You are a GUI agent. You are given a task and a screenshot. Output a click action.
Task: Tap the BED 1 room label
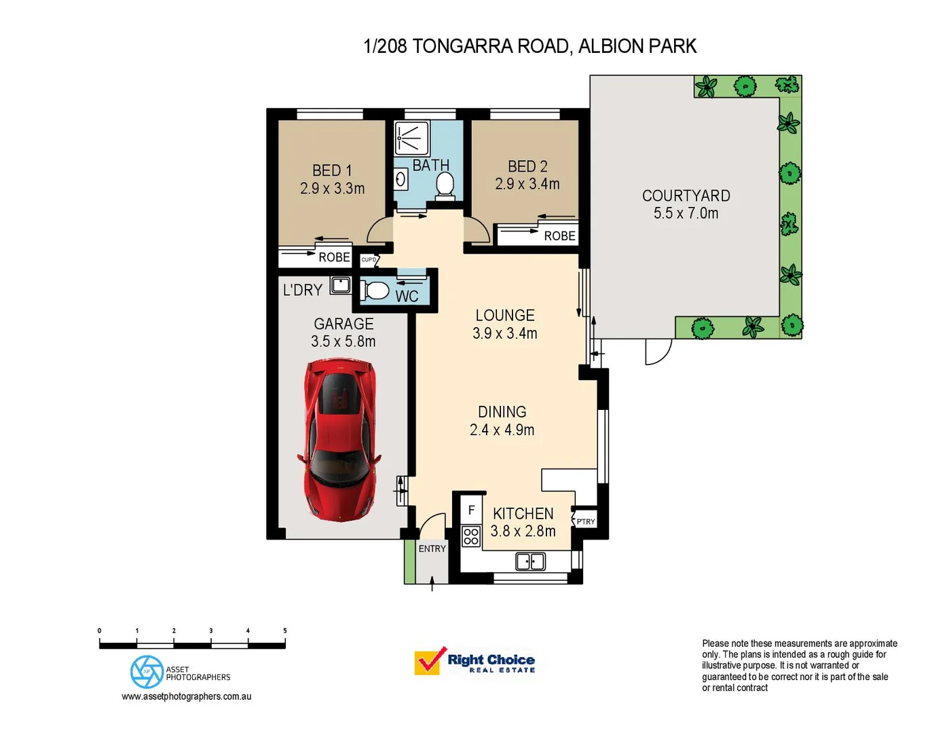click(332, 170)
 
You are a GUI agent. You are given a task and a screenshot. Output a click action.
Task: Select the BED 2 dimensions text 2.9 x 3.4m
click(527, 184)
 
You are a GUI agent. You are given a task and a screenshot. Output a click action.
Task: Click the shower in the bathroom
click(412, 138)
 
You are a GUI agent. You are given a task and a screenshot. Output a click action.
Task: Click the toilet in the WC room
click(375, 291)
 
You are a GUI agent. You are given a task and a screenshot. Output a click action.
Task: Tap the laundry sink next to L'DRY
click(340, 285)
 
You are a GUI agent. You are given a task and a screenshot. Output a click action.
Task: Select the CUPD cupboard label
click(369, 260)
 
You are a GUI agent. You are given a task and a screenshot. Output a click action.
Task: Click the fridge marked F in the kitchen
click(471, 510)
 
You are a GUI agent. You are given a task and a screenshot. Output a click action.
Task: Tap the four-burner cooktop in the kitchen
click(471, 537)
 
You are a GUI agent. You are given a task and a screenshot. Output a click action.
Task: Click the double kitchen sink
click(530, 561)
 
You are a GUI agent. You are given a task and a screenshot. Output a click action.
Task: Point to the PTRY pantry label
click(585, 521)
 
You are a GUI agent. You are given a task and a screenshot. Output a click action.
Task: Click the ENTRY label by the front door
click(432, 548)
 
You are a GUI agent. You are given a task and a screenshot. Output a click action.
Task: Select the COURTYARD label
click(686, 195)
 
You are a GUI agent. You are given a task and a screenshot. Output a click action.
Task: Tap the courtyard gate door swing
click(657, 351)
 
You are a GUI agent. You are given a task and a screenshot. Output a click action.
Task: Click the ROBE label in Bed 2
click(559, 236)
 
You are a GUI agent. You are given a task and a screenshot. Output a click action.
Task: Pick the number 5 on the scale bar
click(284, 631)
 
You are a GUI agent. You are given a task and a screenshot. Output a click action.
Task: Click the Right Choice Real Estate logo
click(475, 661)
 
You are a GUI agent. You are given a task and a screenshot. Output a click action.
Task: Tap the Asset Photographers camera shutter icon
click(147, 672)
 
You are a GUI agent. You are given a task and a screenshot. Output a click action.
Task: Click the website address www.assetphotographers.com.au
click(187, 696)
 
